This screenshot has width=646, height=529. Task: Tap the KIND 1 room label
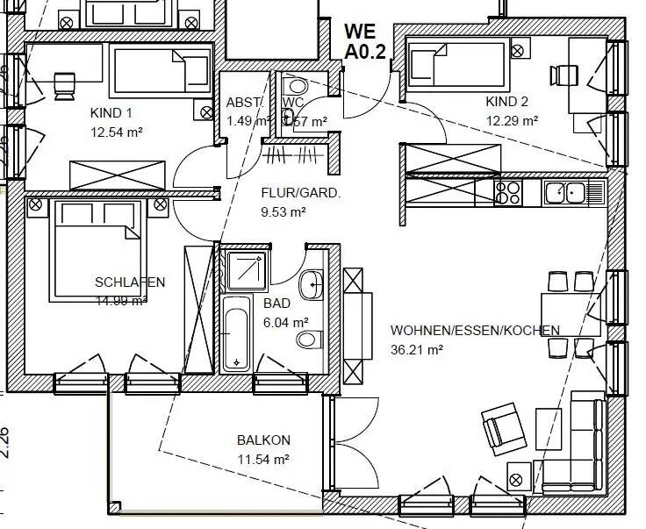pyautogui.click(x=111, y=113)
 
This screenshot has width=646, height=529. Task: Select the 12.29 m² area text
pyautogui.click(x=511, y=121)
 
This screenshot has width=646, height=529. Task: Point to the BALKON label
pyautogui.click(x=263, y=440)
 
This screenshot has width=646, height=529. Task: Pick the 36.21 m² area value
pyautogui.click(x=416, y=348)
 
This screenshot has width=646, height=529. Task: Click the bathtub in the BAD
pyautogui.click(x=236, y=333)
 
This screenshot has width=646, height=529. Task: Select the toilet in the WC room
pyautogui.click(x=295, y=87)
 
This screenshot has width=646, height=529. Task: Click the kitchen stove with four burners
pyautogui.click(x=508, y=191)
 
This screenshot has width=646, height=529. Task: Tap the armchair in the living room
pyautogui.click(x=503, y=427)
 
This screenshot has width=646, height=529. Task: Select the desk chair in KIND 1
pyautogui.click(x=64, y=83)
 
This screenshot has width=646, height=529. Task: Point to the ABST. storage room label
pyautogui.click(x=244, y=102)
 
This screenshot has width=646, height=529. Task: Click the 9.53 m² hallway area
pyautogui.click(x=283, y=211)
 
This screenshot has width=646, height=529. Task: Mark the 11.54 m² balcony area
pyautogui.click(x=263, y=459)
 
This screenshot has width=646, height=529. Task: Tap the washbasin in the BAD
pyautogui.click(x=310, y=284)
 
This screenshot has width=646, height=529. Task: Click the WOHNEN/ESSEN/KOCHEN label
pyautogui.click(x=475, y=331)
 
